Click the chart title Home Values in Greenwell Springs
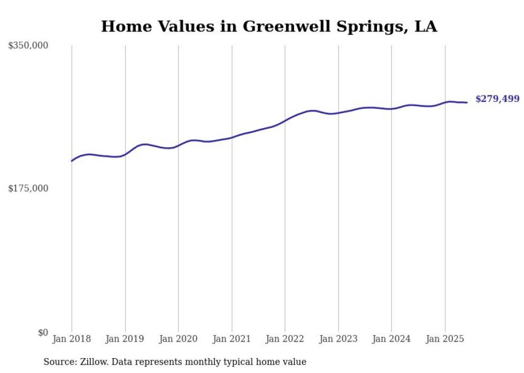(x=268, y=26)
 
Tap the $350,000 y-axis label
(x=28, y=46)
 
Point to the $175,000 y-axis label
(x=28, y=188)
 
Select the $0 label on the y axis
(x=43, y=332)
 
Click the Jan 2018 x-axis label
(x=72, y=339)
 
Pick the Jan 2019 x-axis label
(x=125, y=339)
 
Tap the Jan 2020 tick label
(x=179, y=339)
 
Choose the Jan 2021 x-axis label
(x=232, y=339)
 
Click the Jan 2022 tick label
(x=285, y=339)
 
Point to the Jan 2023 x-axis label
(x=338, y=339)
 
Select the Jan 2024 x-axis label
(x=391, y=339)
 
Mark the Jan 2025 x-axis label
(x=445, y=339)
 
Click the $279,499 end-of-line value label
(x=497, y=99)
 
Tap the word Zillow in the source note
(x=95, y=362)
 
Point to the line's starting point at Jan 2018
(x=72, y=161)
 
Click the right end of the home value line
(x=467, y=102)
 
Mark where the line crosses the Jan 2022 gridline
(x=285, y=120)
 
